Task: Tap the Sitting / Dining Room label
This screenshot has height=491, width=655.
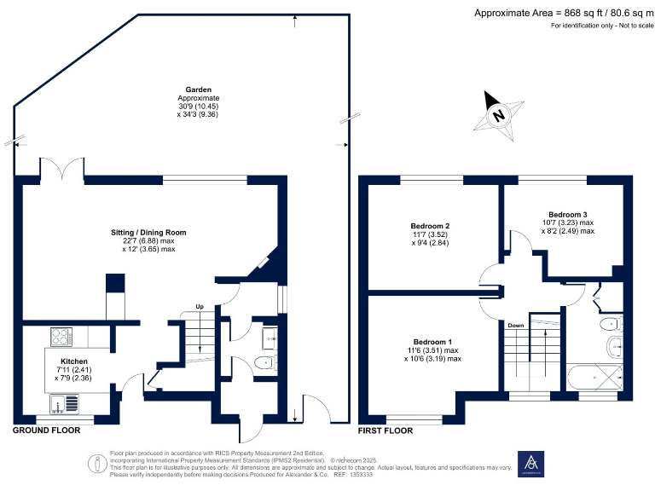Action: click(x=148, y=232)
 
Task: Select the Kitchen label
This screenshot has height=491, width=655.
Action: click(x=73, y=361)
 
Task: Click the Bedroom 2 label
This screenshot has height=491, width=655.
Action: click(x=431, y=226)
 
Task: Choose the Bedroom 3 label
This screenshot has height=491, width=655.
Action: click(x=568, y=214)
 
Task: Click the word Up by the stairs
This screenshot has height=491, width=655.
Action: click(x=200, y=307)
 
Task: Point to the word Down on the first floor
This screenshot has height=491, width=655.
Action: click(x=515, y=326)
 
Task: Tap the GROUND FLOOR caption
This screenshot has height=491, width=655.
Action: click(x=46, y=430)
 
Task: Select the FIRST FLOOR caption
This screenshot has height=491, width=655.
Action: click(x=385, y=430)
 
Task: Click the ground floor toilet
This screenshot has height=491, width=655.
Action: click(x=265, y=363)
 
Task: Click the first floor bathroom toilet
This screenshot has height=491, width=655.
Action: click(x=610, y=325)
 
